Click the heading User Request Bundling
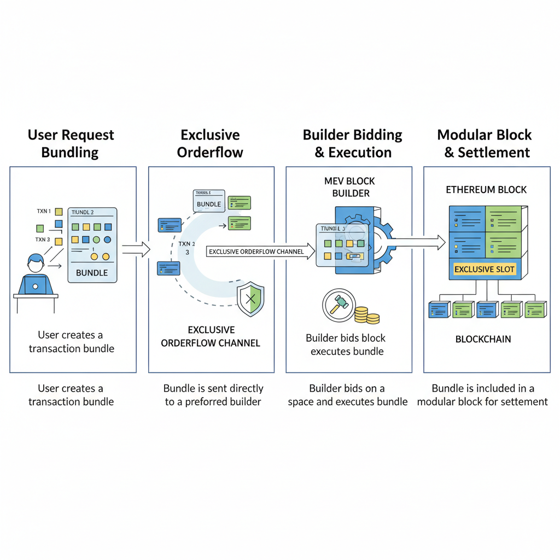pos(71,143)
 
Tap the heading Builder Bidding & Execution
pos(353,143)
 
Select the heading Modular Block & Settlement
pos(485,143)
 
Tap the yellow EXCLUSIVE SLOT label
pos(485,269)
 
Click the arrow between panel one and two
pos(136,250)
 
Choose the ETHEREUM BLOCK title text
pos(486,190)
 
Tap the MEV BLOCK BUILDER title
pos(351,187)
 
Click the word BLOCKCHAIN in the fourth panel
pos(483,339)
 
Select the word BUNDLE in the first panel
pos(92,272)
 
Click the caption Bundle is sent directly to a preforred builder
pos(213,395)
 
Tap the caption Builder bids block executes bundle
pos(346,345)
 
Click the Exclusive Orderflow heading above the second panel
pos(210,143)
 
